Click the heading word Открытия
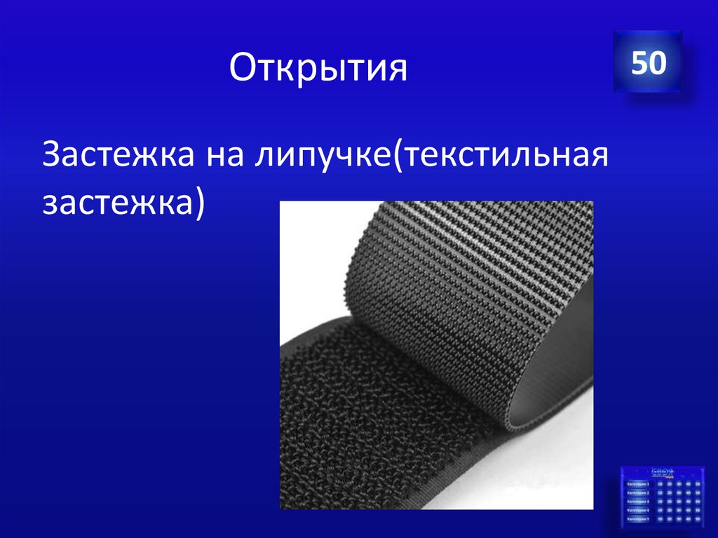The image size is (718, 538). click(318, 69)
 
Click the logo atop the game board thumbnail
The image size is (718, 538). click(663, 472)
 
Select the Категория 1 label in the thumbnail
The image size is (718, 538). click(638, 484)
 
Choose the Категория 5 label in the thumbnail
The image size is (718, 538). click(638, 520)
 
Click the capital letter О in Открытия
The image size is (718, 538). click(241, 69)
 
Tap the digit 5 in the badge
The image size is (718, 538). click(639, 62)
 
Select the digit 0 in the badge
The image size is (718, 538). click(656, 62)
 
